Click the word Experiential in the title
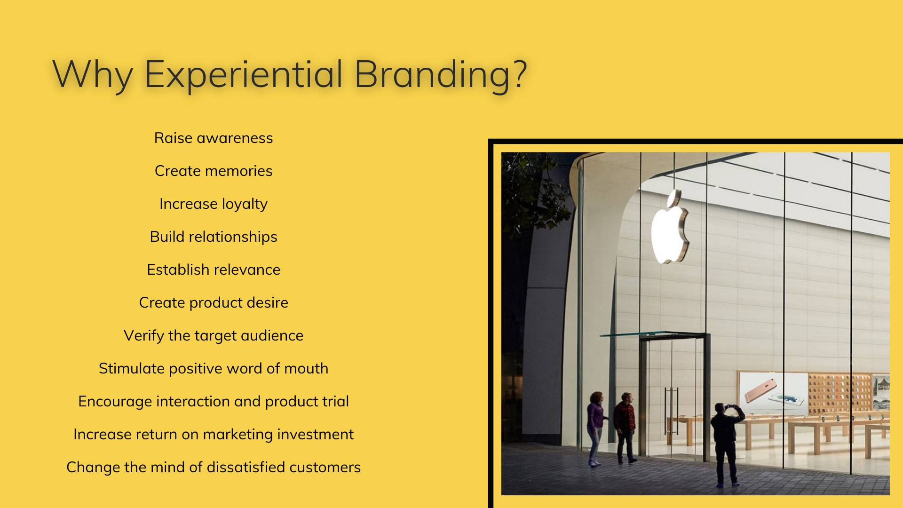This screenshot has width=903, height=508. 243,74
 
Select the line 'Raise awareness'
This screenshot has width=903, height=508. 214,138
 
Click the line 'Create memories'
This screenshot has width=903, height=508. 214,171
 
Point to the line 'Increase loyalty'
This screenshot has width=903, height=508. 214,204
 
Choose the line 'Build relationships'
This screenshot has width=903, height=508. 214,237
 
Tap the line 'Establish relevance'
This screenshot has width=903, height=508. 214,270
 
